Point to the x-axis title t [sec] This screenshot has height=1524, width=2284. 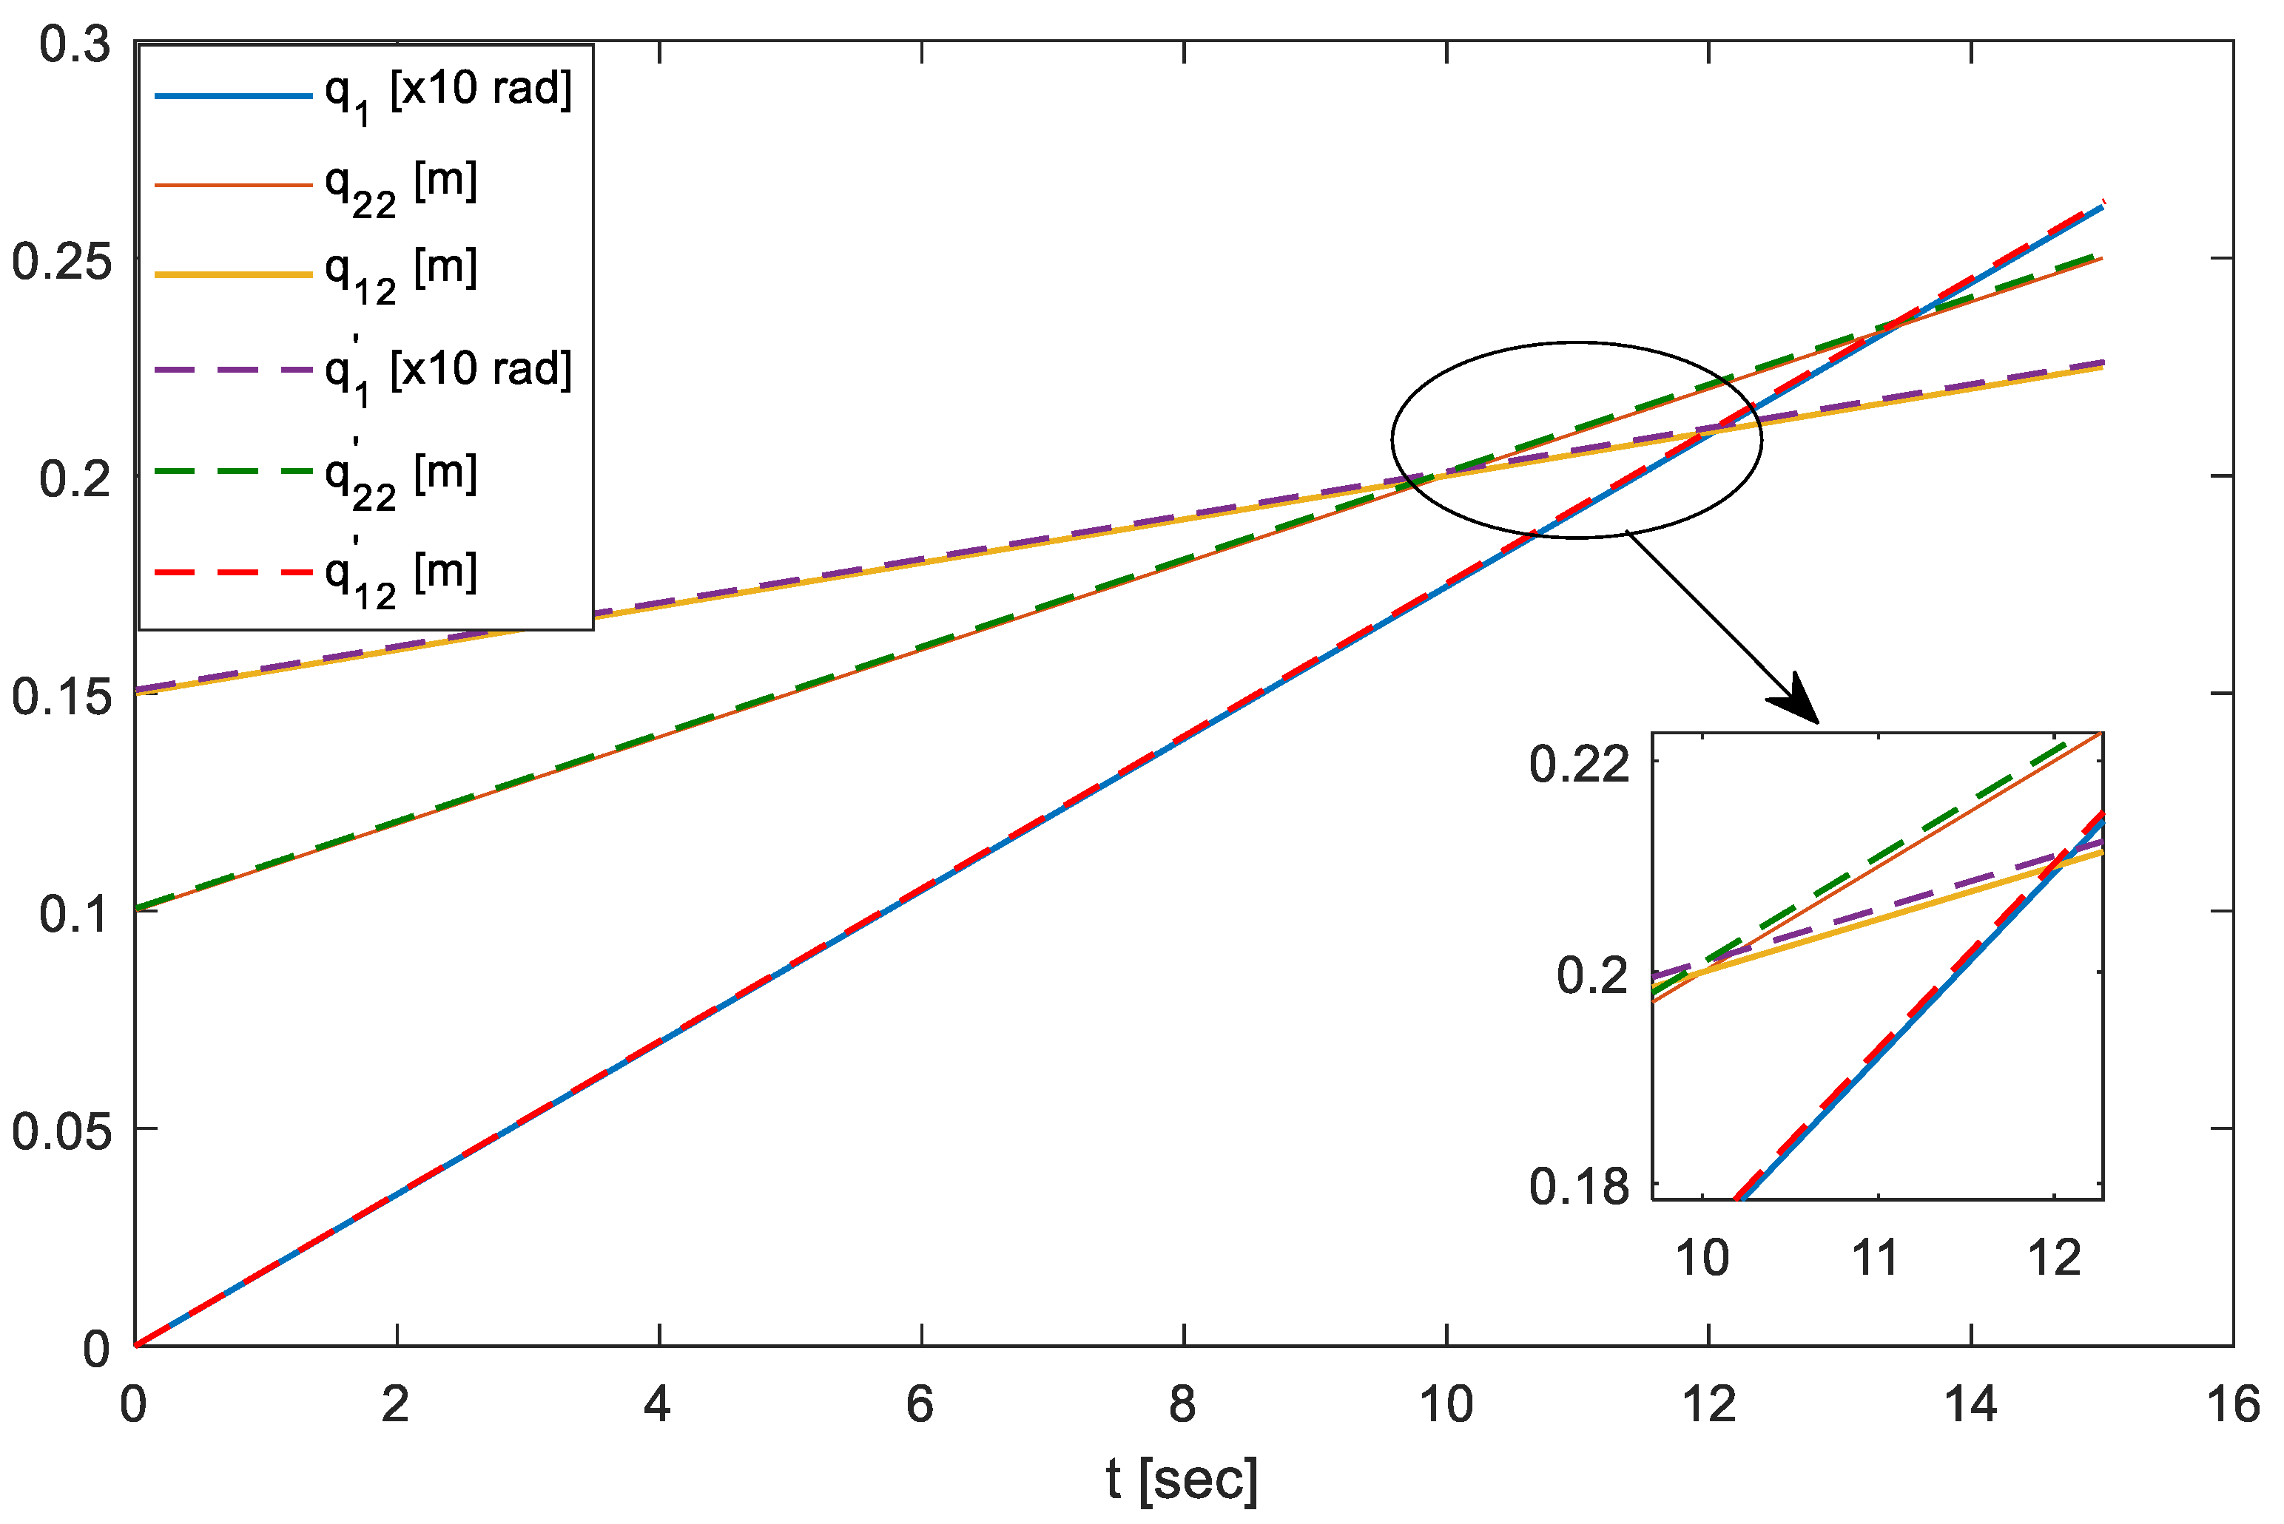coord(1182,1480)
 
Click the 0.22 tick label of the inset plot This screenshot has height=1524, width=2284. coord(1579,765)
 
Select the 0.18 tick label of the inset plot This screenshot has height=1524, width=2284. coord(1579,1187)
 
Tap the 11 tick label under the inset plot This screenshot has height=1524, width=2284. coord(1875,1259)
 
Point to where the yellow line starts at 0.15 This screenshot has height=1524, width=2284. coord(137,692)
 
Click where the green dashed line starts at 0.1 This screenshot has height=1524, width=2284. coord(137,909)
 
